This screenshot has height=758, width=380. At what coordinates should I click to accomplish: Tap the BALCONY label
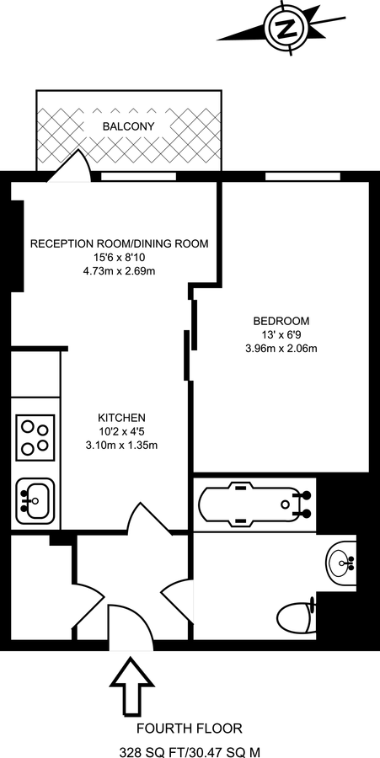click(x=128, y=126)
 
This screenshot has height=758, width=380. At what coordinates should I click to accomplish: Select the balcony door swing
click(x=68, y=166)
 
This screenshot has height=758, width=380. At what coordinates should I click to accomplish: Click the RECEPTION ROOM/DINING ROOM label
click(x=119, y=244)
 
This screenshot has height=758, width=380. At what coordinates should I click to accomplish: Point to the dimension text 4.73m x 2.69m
click(x=119, y=270)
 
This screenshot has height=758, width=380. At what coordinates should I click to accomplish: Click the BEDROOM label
click(x=281, y=321)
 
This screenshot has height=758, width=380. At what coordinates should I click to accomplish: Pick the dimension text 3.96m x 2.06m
click(x=281, y=348)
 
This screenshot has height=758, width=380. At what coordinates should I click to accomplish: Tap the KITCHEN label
click(x=122, y=418)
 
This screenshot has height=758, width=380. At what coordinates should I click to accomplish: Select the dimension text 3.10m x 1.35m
click(x=122, y=445)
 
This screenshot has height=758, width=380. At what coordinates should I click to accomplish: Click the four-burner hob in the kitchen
click(x=35, y=436)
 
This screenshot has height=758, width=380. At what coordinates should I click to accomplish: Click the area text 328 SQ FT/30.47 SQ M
click(x=189, y=750)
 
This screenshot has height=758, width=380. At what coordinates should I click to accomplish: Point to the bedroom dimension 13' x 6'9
click(x=281, y=334)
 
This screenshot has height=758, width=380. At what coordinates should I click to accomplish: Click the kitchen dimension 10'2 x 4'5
click(x=122, y=431)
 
